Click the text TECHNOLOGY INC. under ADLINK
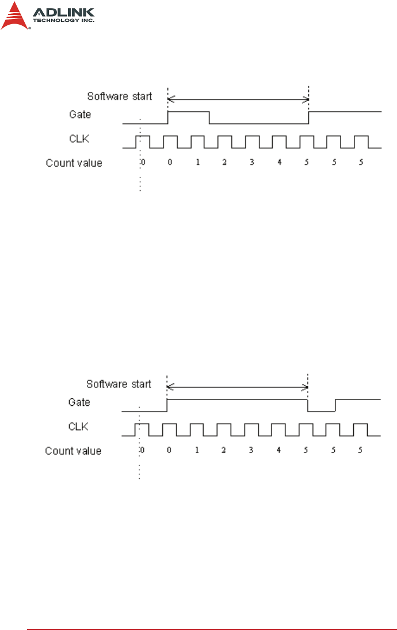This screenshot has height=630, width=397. click(63, 20)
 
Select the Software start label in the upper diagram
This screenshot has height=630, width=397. click(120, 96)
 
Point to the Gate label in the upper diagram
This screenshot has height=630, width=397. click(80, 114)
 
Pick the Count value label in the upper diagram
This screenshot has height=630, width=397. click(74, 163)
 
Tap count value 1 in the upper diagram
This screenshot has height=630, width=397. click(197, 163)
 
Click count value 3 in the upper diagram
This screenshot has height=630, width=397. click(252, 163)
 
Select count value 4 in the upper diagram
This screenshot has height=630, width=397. click(279, 163)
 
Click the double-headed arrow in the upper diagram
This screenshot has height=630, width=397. click(238, 100)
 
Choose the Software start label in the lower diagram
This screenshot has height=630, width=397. click(119, 383)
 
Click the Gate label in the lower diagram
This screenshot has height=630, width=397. click(79, 402)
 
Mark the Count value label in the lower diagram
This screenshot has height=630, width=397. click(74, 451)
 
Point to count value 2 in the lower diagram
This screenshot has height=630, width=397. click(224, 450)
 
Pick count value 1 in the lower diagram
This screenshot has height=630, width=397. click(197, 450)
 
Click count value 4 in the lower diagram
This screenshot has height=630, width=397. click(278, 450)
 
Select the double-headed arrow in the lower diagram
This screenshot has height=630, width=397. click(237, 387)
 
